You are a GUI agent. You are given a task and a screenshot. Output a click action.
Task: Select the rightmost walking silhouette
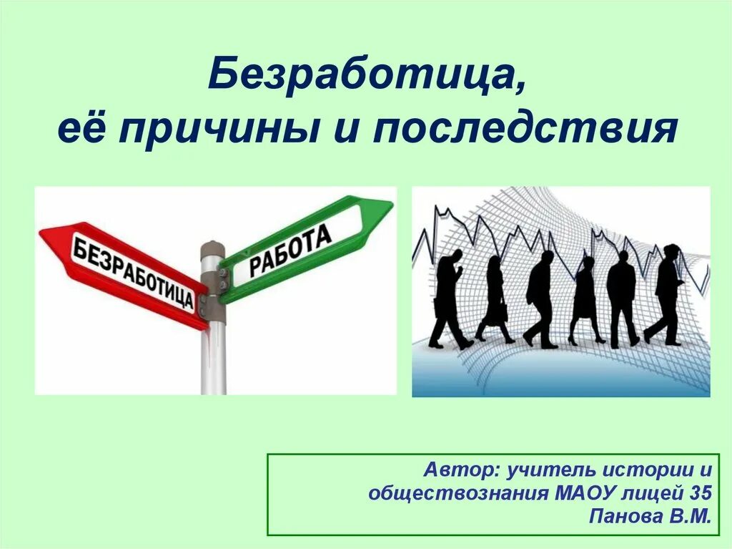[x=666, y=293]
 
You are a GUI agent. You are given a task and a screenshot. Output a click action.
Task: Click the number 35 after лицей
[x=701, y=492]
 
